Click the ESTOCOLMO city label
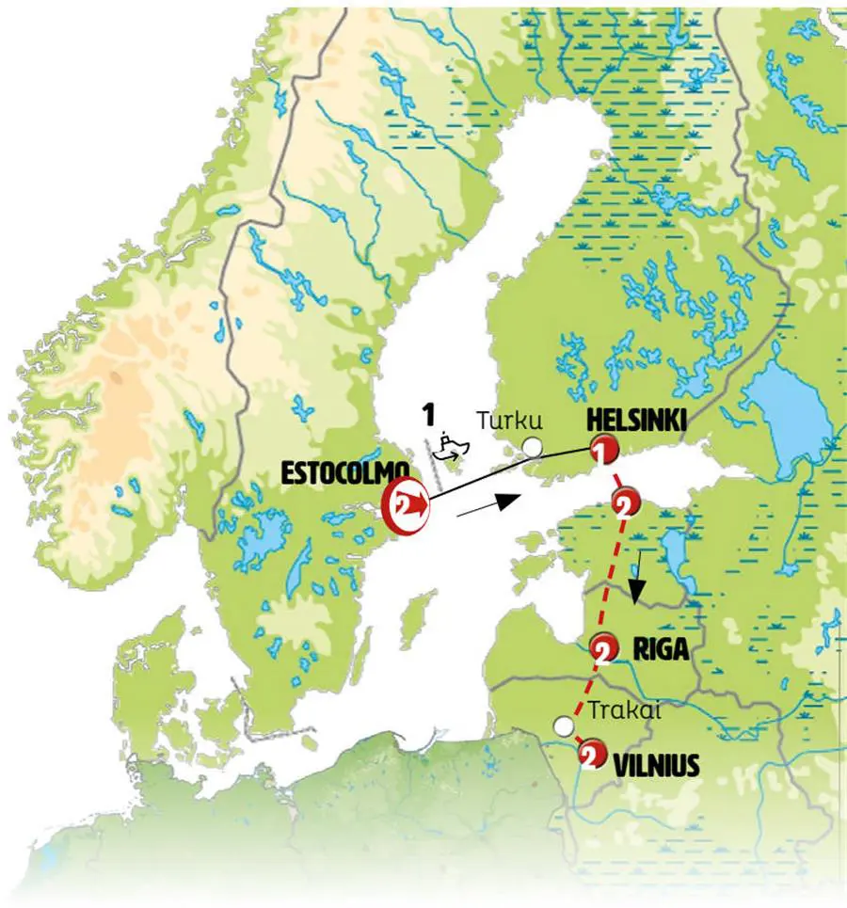tap(345, 472)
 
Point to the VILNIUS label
tap(656, 766)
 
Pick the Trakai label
tap(622, 712)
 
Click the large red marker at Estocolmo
tap(405, 507)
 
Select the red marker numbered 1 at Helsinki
tap(602, 451)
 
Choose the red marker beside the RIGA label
tap(603, 647)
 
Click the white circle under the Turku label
tap(533, 447)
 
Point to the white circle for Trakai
tap(563, 726)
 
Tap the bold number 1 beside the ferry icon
tap(428, 414)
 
